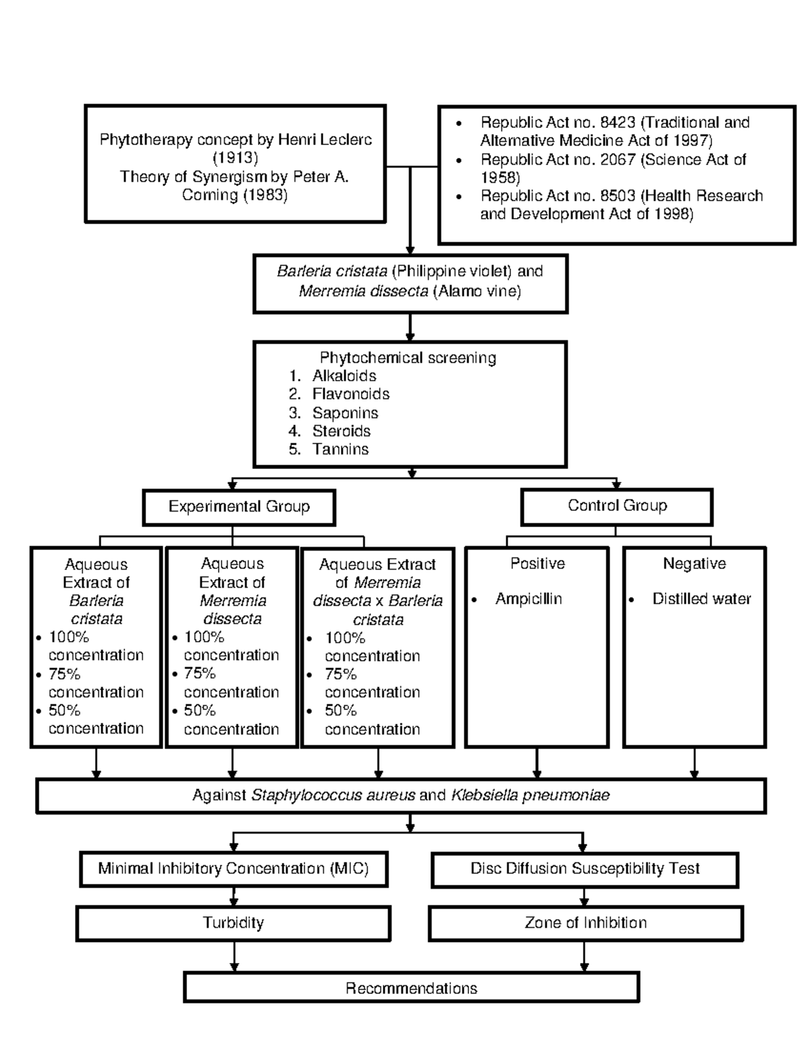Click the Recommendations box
[411, 988]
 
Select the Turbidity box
[234, 922]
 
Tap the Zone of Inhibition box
[585, 922]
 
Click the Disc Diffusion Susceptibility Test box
[585, 868]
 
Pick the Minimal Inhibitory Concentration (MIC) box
[234, 868]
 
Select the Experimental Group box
[239, 507]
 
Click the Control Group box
[617, 506]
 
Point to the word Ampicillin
[529, 599]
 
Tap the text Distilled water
[701, 599]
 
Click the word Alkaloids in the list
[344, 376]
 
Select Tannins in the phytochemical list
[340, 449]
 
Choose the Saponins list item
[345, 413]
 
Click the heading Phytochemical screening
[408, 358]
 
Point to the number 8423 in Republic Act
[617, 122]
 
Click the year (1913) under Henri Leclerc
[235, 158]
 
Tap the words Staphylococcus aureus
[333, 796]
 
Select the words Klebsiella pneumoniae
[530, 796]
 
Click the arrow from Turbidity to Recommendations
[234, 956]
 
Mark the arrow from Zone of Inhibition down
[584, 956]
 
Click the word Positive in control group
[537, 563]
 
